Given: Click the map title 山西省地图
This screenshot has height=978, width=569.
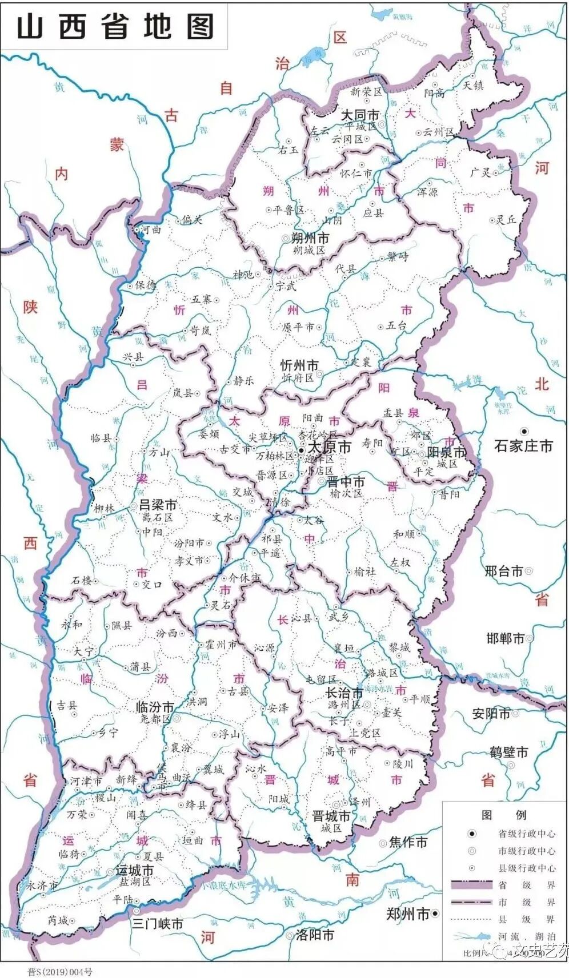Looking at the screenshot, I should [x=115, y=27].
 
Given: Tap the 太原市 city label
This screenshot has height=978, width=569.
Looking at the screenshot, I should [x=329, y=447].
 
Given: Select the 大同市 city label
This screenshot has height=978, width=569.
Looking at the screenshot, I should [x=360, y=115].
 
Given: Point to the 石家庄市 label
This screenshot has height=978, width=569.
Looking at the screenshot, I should [x=523, y=446].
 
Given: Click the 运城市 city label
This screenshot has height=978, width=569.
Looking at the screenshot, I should [x=135, y=871].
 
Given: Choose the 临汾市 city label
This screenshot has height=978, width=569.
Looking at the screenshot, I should [x=155, y=707].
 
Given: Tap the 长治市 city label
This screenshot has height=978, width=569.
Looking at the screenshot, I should [x=344, y=693].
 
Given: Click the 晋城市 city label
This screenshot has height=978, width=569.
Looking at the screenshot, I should [x=331, y=816].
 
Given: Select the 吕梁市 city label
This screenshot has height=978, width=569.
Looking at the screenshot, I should [x=158, y=505].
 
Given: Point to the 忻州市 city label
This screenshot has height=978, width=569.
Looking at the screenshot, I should [x=299, y=365].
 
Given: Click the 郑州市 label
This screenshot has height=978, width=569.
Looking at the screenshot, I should [x=407, y=913].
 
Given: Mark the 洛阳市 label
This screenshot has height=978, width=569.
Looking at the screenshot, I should [x=315, y=935].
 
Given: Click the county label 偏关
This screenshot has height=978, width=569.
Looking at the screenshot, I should [x=192, y=220].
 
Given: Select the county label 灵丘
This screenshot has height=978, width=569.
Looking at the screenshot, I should [x=506, y=219].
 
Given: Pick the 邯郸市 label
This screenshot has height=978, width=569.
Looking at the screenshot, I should [x=505, y=638].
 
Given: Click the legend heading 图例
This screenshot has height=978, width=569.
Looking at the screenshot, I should [x=503, y=815].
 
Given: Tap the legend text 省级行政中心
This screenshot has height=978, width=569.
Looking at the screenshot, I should [x=526, y=834].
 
